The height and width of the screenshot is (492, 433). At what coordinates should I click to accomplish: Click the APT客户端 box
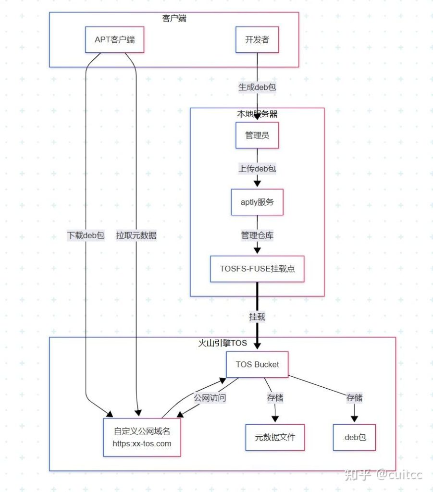click(114, 39)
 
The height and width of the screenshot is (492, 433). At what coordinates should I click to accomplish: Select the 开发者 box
click(257, 39)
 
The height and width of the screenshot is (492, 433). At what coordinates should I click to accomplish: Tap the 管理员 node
click(257, 135)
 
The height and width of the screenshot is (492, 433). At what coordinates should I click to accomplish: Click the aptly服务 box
click(257, 202)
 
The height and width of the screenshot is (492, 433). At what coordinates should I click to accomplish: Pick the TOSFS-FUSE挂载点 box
click(257, 269)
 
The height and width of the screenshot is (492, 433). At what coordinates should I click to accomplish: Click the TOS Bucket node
click(257, 364)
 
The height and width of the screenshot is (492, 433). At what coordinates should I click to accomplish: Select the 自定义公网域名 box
click(142, 437)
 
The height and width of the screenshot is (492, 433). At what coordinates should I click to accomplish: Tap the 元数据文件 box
click(275, 437)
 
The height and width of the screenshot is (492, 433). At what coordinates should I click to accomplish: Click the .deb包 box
click(354, 437)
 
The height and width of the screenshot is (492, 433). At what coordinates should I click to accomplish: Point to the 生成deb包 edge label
click(257, 87)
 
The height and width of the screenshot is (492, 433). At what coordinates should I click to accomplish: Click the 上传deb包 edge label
click(257, 169)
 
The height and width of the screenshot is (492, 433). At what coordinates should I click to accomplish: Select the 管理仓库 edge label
click(257, 235)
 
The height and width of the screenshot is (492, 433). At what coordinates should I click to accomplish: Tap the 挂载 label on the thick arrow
click(257, 317)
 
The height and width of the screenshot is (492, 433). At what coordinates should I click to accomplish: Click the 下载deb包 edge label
click(86, 235)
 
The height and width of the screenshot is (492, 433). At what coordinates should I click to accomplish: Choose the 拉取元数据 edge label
click(136, 235)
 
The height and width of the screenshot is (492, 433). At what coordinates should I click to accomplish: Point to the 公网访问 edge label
click(210, 398)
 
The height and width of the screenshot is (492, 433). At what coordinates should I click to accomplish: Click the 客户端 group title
click(174, 19)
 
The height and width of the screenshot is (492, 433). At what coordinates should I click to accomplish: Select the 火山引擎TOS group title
click(223, 343)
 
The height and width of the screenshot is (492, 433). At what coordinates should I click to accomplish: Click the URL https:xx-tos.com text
click(142, 443)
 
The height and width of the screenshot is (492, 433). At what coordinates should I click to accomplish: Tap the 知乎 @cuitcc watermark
click(383, 475)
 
